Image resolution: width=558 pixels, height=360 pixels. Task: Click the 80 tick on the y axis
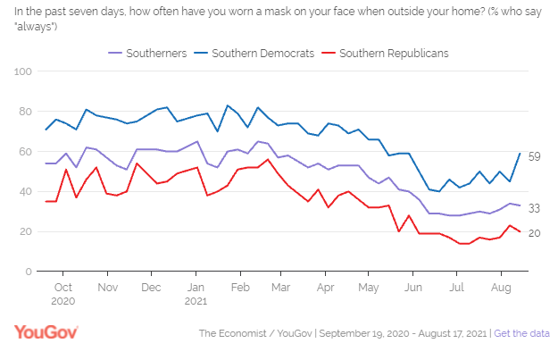click(x=27, y=112)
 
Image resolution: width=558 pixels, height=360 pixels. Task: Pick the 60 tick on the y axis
click(x=27, y=152)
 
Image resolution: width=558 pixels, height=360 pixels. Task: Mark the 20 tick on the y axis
click(x=27, y=231)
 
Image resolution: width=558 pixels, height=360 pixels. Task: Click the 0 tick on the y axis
click(x=29, y=272)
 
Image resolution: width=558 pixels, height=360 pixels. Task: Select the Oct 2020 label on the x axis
click(x=63, y=294)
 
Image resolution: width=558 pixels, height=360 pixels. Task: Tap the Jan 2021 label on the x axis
click(x=196, y=294)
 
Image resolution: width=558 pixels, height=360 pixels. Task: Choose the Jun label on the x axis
click(x=413, y=288)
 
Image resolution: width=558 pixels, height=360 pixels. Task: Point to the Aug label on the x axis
click(x=500, y=288)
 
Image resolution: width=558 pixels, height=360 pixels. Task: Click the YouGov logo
click(x=46, y=332)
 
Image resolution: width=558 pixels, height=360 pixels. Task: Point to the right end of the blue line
click(x=521, y=153)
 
